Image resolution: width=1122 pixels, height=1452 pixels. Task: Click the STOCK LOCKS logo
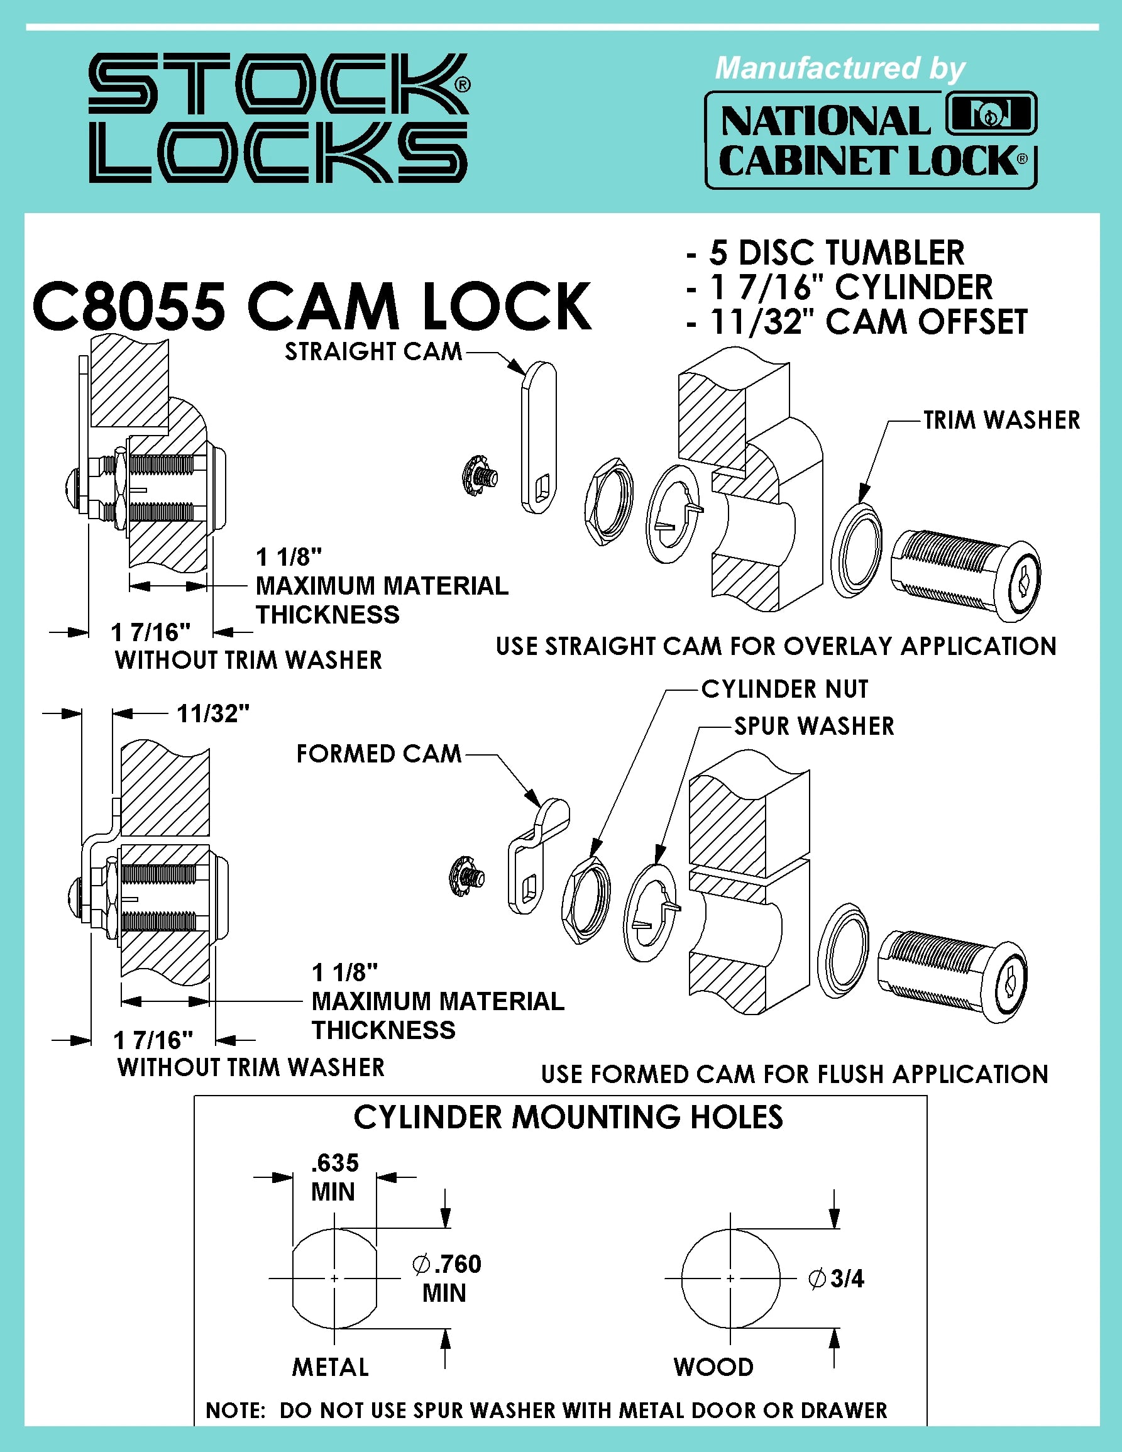click(x=279, y=118)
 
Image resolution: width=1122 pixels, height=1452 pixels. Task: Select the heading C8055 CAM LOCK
click(x=311, y=307)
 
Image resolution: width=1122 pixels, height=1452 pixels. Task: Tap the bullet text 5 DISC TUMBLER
click(x=836, y=253)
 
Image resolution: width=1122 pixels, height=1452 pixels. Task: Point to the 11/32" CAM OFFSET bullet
click(x=867, y=322)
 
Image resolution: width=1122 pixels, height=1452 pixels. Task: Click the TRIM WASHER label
click(x=1001, y=420)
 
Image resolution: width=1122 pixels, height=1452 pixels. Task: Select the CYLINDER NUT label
click(x=784, y=690)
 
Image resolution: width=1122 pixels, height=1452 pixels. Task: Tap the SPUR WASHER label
click(x=813, y=726)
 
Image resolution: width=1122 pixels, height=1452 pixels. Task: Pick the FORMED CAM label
click(x=378, y=754)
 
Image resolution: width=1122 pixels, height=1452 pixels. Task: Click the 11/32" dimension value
click(x=212, y=714)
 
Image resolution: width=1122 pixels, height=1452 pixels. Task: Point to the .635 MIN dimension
click(x=334, y=1177)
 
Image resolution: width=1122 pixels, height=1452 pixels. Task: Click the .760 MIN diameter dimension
click(x=446, y=1278)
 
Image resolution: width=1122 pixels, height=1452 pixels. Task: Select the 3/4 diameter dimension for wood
click(x=837, y=1279)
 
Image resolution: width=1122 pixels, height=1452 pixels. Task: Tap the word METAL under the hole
click(x=331, y=1368)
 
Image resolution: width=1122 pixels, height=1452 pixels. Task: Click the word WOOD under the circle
click(x=713, y=1368)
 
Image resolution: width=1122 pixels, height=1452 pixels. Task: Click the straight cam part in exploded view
click(x=539, y=439)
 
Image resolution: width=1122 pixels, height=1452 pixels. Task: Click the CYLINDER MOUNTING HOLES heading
click(x=568, y=1118)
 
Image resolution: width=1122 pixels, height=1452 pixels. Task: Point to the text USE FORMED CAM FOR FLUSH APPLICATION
click(x=795, y=1074)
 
